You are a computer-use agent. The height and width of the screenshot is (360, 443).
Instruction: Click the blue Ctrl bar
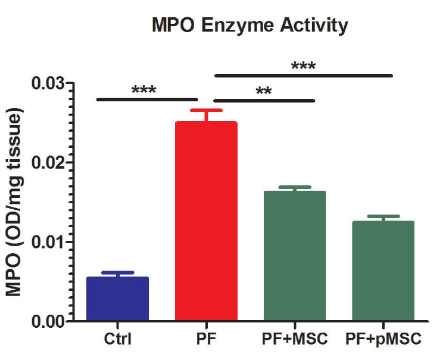point(117,298)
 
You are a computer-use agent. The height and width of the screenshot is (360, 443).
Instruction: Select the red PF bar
point(206,221)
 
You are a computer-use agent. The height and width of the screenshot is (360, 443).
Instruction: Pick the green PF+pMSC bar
point(383,271)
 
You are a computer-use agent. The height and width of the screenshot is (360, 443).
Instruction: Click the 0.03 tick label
point(49,83)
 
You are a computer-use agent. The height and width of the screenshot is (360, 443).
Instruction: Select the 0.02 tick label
point(49,163)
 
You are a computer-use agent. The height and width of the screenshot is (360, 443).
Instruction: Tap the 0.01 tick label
point(49,242)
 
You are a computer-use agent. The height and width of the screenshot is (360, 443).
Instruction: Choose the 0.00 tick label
point(49,321)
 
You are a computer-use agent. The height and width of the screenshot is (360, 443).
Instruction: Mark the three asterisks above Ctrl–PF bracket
point(143,90)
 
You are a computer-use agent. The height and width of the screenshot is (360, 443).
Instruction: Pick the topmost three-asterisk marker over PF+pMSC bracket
point(303,65)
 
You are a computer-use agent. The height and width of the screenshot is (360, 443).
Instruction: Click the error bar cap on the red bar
point(206,110)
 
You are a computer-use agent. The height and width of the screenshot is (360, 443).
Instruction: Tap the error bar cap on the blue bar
point(117,272)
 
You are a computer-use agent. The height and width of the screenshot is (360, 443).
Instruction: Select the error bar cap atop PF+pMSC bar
point(383,216)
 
